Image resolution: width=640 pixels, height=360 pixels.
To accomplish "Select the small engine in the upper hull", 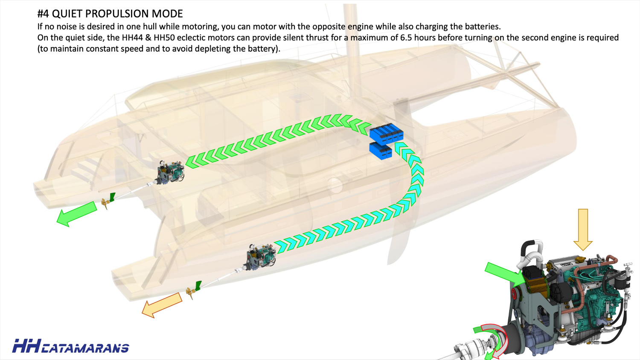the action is click(171, 172).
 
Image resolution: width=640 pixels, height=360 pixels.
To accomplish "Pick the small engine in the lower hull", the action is click(260, 256).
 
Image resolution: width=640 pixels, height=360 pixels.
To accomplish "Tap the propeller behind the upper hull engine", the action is click(105, 204).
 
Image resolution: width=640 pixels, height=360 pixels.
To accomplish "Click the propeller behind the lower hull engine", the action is click(190, 292).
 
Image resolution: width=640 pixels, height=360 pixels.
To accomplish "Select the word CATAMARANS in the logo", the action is click(85, 348).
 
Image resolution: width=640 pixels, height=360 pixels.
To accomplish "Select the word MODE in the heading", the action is click(169, 14).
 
